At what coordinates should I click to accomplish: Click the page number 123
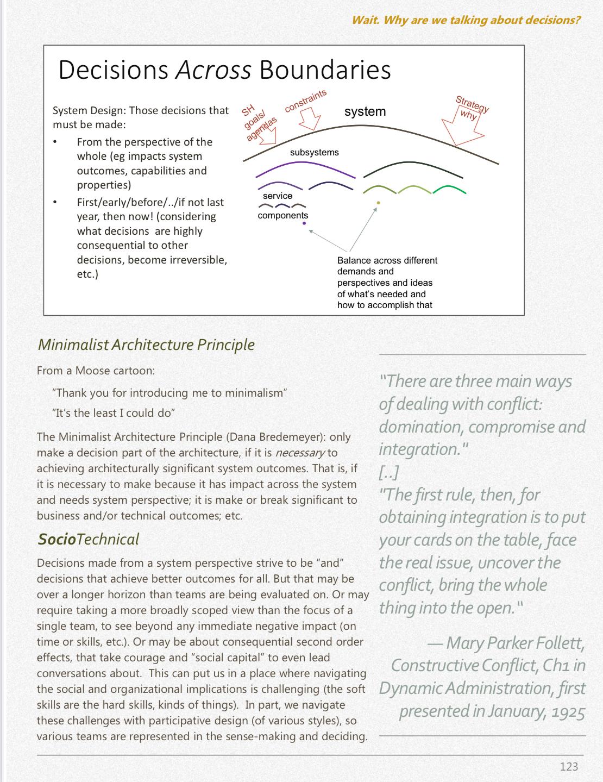click(x=569, y=766)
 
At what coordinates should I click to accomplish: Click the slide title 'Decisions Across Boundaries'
click(x=224, y=70)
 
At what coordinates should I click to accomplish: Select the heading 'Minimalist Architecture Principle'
click(x=146, y=345)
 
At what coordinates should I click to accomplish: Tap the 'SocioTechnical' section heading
click(x=88, y=539)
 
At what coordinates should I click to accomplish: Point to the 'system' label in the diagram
click(x=365, y=111)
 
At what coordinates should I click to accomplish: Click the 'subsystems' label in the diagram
click(x=314, y=152)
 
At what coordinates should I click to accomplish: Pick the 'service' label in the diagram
click(x=277, y=196)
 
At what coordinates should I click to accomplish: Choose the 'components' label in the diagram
click(x=282, y=215)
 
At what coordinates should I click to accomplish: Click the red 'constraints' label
click(x=305, y=101)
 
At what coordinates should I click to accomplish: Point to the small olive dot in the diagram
click(x=378, y=203)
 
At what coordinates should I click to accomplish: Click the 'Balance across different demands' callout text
click(x=387, y=283)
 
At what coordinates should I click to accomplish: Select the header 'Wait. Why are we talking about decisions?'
click(x=466, y=20)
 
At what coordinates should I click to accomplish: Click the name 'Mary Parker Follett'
click(x=514, y=643)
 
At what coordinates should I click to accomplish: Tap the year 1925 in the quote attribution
click(x=568, y=711)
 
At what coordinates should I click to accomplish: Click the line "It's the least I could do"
click(x=114, y=412)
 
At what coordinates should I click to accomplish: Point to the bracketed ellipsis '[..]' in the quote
click(x=389, y=472)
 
